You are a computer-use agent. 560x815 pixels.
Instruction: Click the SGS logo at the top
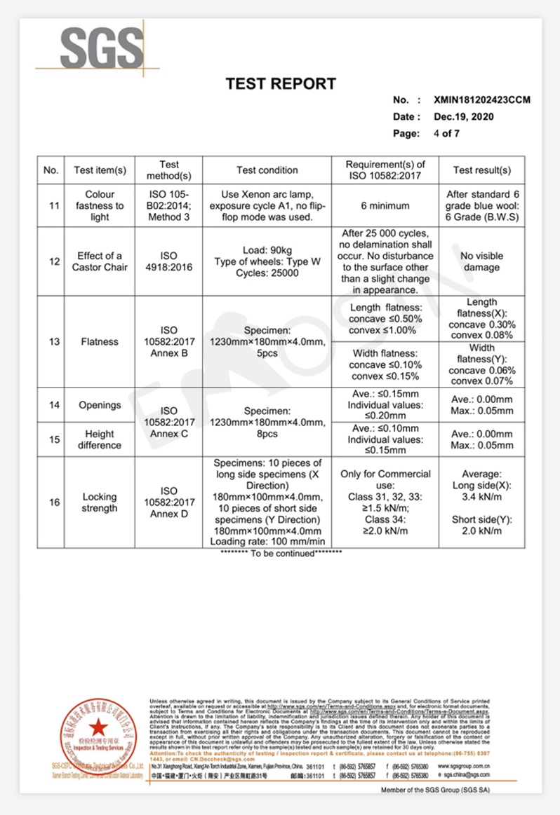pos(101,47)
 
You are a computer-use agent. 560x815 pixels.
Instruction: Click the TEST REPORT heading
pos(280,84)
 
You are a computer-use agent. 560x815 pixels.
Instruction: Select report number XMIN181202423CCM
pos(481,100)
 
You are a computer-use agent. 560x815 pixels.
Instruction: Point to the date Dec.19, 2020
pos(464,117)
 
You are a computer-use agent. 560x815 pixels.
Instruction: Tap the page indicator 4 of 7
pos(446,133)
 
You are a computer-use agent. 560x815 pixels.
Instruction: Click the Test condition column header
pos(267,170)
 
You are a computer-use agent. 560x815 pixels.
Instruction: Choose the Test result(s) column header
pos(481,170)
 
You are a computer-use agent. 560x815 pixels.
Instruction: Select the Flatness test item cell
pos(100,342)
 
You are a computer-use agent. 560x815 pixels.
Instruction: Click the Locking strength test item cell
pos(100,502)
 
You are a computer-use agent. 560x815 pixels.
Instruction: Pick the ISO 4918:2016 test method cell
pos(169,261)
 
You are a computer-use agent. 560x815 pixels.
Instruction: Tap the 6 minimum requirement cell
pos(385,206)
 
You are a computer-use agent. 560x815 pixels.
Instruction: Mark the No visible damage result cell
pos(481,261)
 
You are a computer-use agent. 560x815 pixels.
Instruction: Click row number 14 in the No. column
pos(51,405)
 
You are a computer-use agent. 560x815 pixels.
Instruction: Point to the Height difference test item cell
pos(100,439)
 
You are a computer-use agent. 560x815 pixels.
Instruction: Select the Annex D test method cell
pos(169,502)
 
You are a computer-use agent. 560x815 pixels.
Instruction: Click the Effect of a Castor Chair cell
pos(100,261)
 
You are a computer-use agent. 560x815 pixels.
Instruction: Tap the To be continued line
pos(281,554)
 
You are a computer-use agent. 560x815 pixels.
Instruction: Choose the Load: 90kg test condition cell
pos(267,261)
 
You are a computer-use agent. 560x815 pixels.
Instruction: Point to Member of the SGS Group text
pos(435,790)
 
